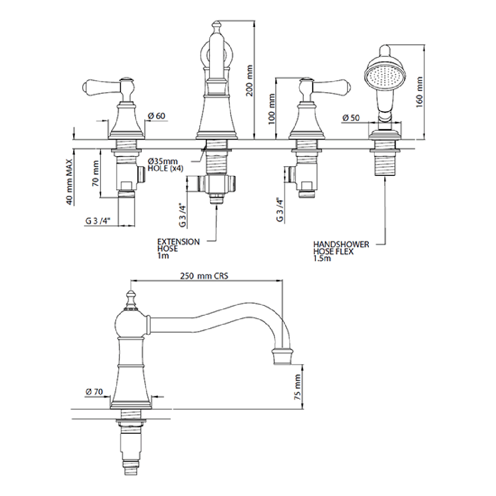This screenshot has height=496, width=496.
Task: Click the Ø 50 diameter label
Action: coord(351,117)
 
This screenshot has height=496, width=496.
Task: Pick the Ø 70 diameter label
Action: coord(94,392)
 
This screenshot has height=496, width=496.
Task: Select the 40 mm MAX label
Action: coord(70,182)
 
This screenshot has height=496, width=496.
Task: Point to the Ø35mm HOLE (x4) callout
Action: coord(165,165)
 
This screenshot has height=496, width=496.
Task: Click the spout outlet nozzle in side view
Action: coord(282,357)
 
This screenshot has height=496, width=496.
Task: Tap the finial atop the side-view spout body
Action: coord(131,299)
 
